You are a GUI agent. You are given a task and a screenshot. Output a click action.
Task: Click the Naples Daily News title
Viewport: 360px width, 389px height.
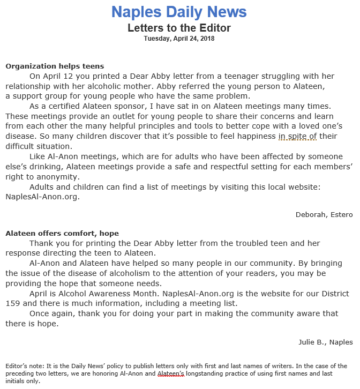tap(179, 12)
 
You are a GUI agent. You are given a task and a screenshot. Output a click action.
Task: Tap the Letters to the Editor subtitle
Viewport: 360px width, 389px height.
tap(179, 28)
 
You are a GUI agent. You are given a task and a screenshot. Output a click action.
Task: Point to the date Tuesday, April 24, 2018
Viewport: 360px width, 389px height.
tap(179, 39)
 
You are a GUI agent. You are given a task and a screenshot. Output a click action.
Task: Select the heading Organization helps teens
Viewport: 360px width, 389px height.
tap(55, 66)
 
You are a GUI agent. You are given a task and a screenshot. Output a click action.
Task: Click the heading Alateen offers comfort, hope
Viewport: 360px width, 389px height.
tap(62, 234)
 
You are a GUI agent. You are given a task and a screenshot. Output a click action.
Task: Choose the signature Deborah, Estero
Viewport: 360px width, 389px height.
tap(324, 215)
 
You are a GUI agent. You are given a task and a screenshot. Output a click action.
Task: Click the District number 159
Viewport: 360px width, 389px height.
tap(14, 304)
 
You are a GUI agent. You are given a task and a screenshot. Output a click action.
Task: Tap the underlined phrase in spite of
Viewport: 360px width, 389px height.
tap(297, 137)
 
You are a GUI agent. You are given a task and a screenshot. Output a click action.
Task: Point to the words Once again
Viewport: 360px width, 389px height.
tap(52, 314)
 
